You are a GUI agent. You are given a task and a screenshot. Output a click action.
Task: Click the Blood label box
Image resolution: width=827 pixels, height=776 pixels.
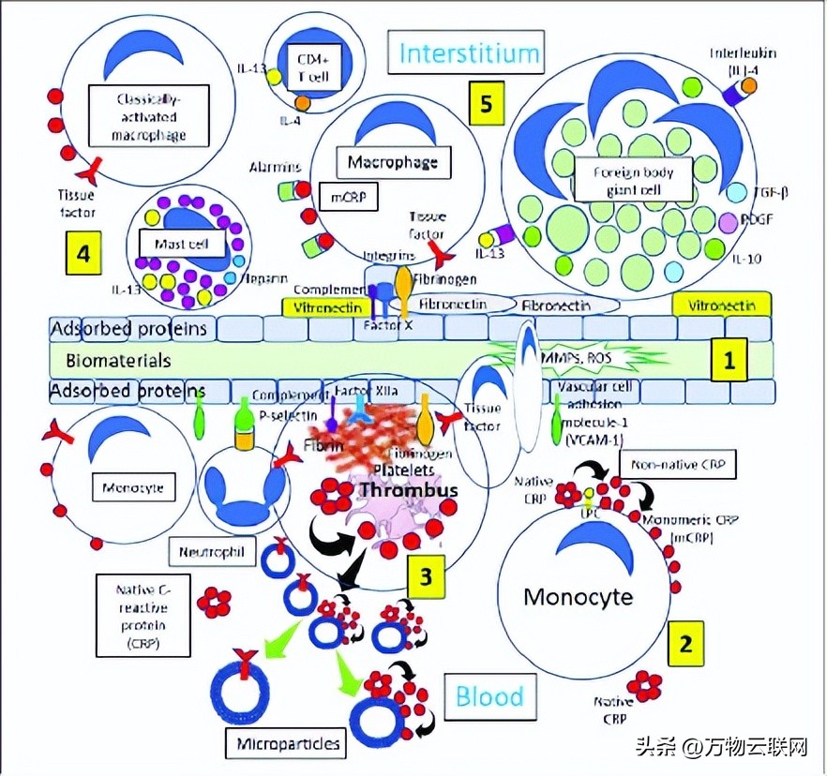(x=489, y=696)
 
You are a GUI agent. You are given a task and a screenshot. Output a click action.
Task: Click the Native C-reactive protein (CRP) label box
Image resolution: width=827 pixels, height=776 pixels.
(x=142, y=615)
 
